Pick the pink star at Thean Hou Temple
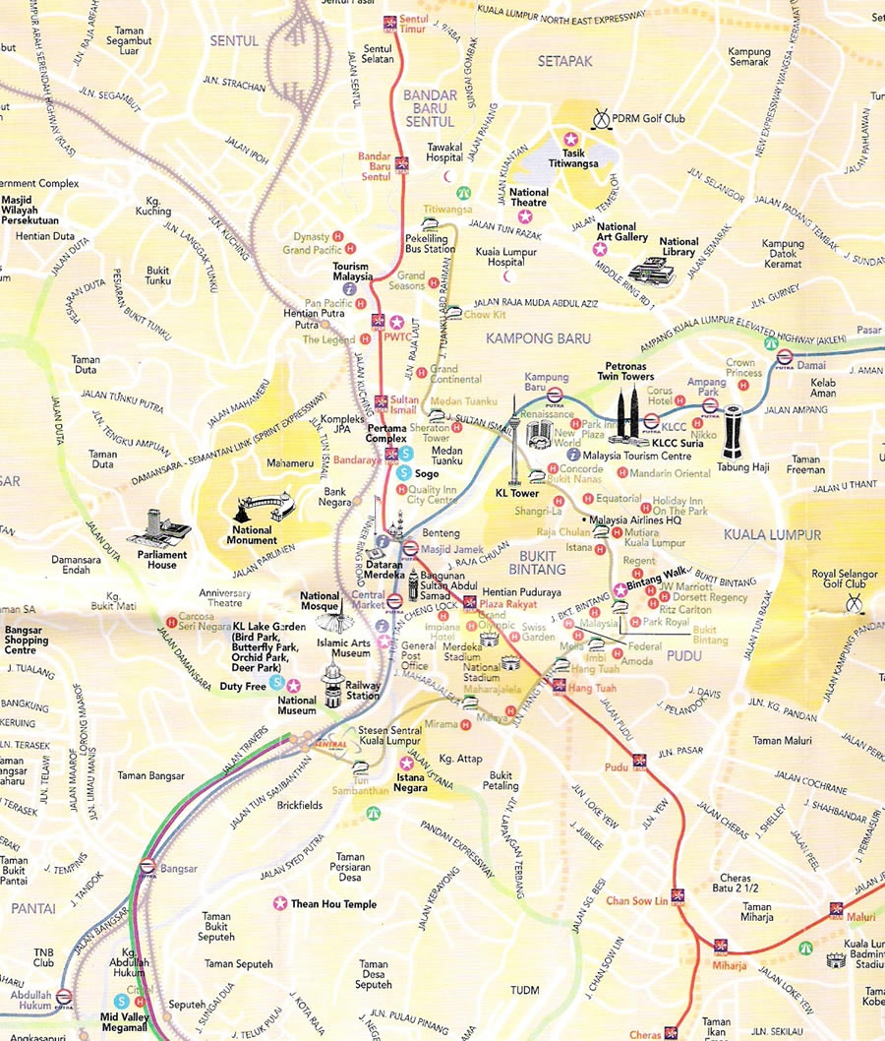[x=280, y=903]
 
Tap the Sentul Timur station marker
[x=390, y=19]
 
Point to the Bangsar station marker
[x=147, y=867]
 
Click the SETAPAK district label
[x=565, y=61]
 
